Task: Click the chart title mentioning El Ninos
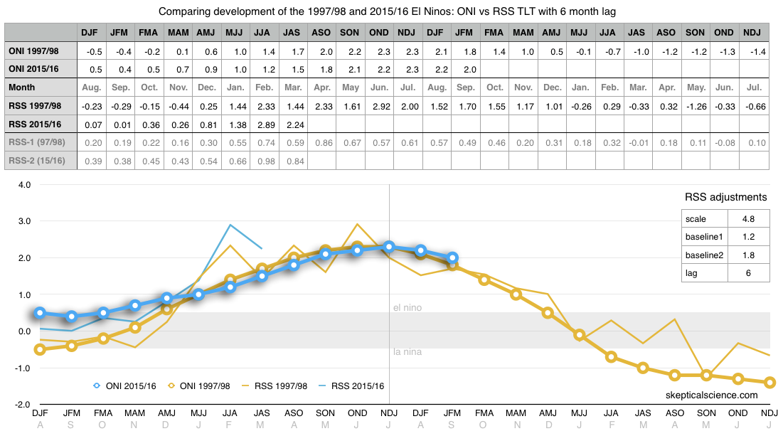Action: (x=391, y=11)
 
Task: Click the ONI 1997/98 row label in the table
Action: (x=33, y=51)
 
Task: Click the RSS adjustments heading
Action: (x=725, y=197)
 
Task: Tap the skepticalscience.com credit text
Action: (x=712, y=395)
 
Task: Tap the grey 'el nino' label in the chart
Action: (x=407, y=308)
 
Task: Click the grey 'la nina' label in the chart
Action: (x=407, y=351)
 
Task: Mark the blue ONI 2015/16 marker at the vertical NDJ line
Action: (x=388, y=247)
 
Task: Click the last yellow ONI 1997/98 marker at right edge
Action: (x=769, y=382)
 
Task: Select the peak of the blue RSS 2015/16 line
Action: (x=230, y=225)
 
